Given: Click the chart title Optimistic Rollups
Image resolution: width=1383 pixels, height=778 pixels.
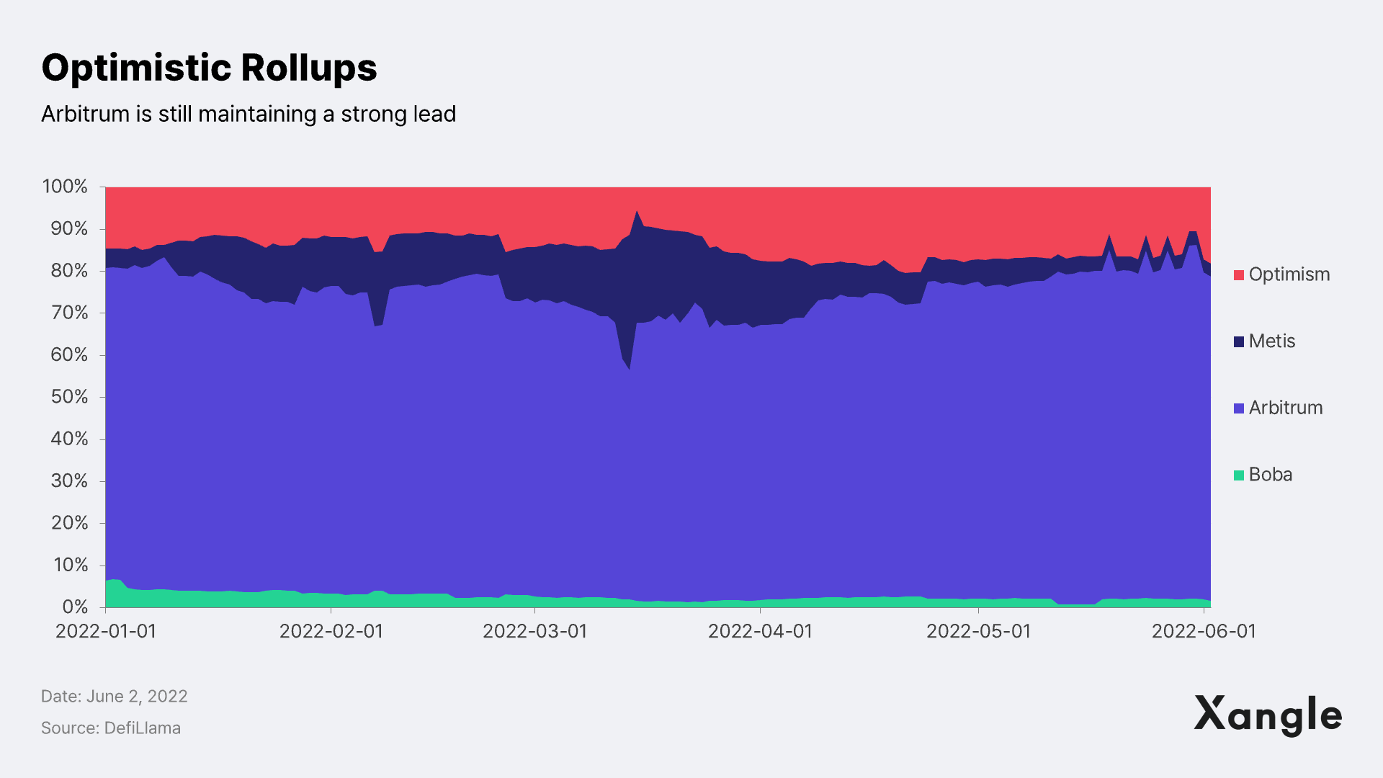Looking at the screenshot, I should (x=209, y=68).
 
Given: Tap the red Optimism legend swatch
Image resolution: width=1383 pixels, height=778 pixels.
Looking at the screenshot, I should (x=1239, y=275).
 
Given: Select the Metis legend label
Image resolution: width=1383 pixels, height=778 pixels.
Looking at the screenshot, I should (x=1271, y=341).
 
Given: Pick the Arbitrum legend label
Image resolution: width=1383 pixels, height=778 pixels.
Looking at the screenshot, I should (x=1285, y=408).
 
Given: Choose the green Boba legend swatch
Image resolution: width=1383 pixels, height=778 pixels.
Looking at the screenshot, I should (x=1239, y=475).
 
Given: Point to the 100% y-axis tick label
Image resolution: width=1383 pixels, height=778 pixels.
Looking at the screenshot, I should (x=65, y=187).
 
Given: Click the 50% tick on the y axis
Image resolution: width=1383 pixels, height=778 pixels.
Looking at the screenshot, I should (x=69, y=397).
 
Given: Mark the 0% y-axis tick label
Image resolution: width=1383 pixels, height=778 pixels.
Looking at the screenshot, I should (x=75, y=607).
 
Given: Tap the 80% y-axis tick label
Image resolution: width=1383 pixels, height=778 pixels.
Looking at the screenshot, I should (x=69, y=271).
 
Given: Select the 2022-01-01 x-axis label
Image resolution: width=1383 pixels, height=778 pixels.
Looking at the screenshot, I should (x=106, y=631).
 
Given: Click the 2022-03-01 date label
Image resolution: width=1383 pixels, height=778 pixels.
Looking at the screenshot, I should (x=534, y=631).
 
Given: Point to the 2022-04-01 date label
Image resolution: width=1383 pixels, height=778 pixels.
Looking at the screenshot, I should (x=760, y=631).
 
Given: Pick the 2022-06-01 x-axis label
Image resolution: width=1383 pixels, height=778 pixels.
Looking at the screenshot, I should (x=1204, y=631).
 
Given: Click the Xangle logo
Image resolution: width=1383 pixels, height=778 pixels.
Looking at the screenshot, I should (x=1268, y=715).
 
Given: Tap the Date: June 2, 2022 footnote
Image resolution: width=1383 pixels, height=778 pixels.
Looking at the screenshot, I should (x=114, y=697).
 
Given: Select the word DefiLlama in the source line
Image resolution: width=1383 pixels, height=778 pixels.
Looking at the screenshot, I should (x=142, y=728).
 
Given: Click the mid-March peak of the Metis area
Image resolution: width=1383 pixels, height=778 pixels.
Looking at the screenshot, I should (x=637, y=212).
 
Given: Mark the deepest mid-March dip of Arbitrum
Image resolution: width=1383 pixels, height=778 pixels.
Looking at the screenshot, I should (x=629, y=368).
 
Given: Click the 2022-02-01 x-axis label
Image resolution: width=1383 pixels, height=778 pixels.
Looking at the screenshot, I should (x=331, y=631).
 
